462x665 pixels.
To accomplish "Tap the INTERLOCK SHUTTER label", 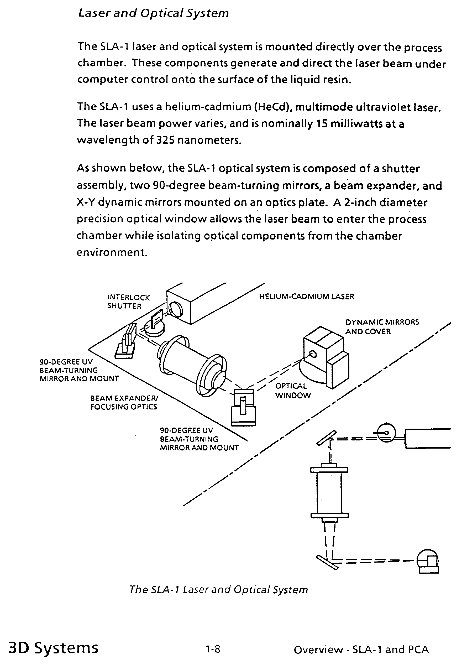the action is [x=129, y=302].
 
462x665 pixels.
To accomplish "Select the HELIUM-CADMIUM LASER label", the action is [x=307, y=297].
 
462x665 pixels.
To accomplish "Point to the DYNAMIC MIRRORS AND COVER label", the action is [x=382, y=327].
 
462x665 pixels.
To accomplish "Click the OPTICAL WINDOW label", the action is [x=293, y=391].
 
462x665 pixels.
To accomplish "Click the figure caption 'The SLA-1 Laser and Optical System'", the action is [x=219, y=589].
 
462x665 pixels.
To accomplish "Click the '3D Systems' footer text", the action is [x=54, y=648].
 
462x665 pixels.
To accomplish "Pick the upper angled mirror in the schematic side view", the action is [x=326, y=437].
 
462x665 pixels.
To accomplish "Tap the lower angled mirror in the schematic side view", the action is [x=327, y=563].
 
